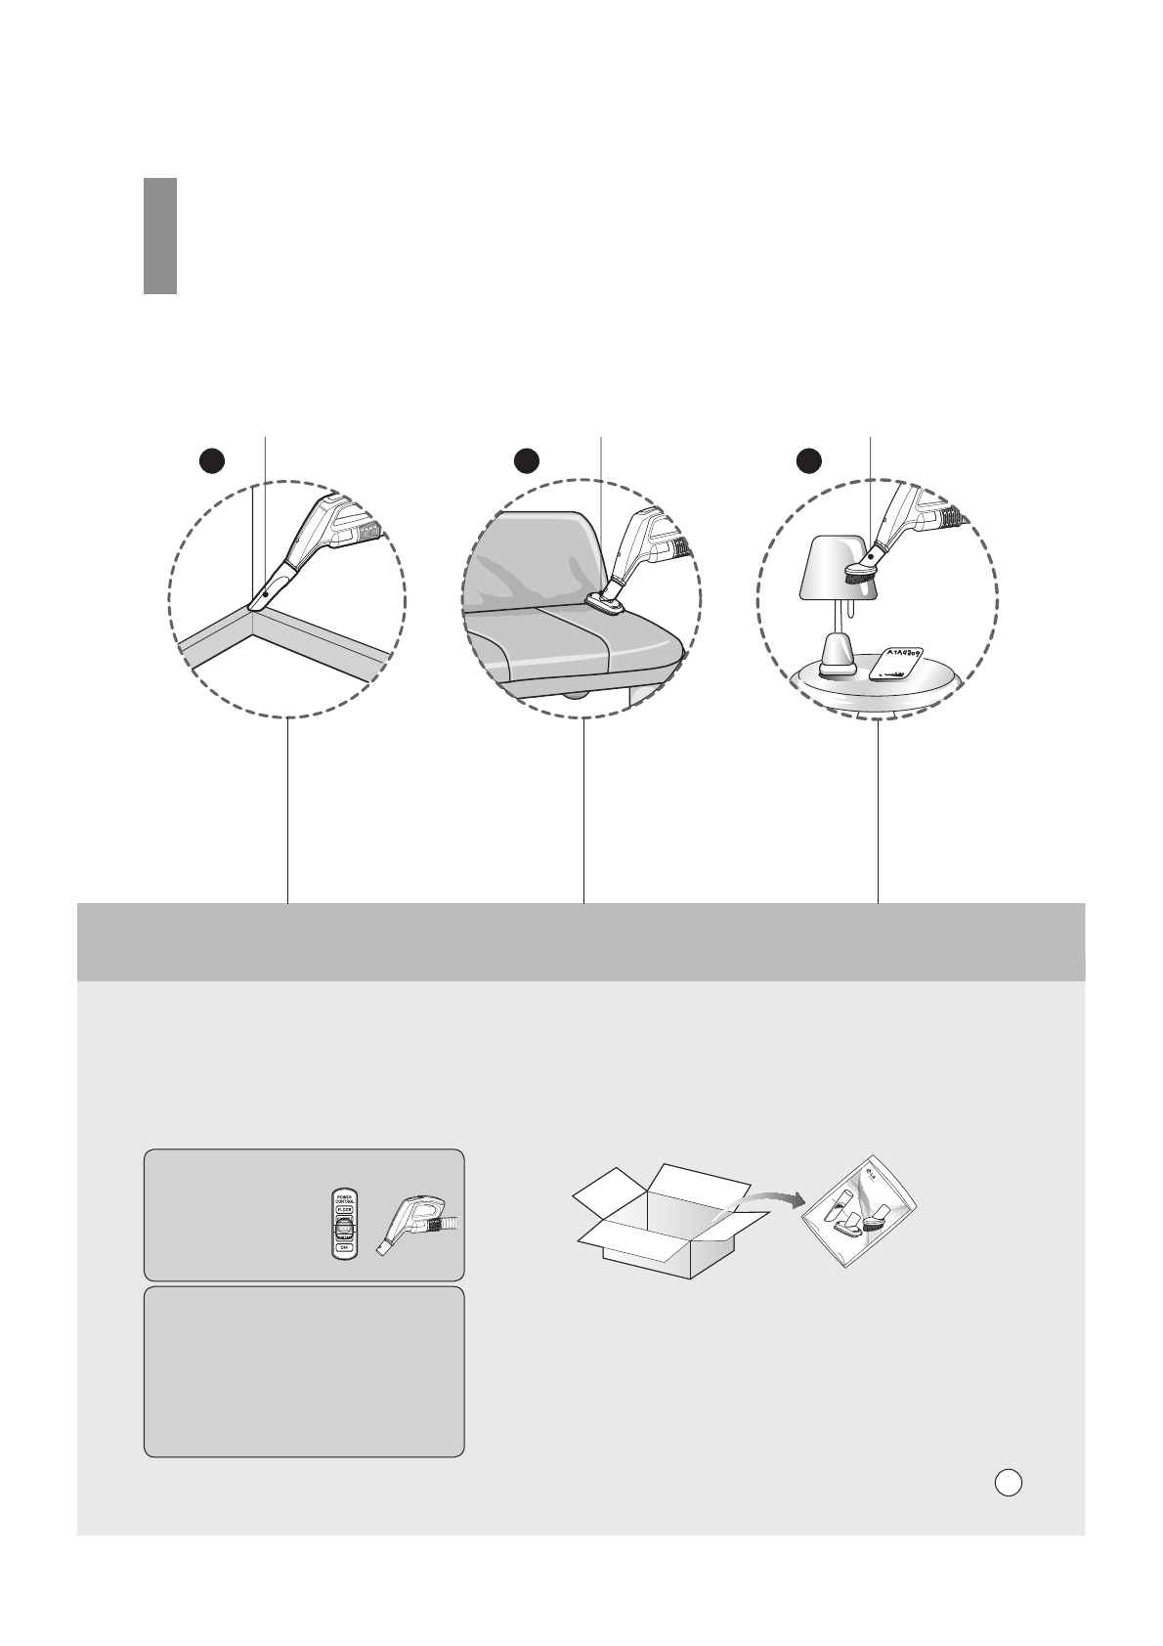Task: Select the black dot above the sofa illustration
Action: [x=527, y=460]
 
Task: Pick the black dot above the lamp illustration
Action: [x=807, y=459]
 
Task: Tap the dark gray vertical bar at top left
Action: [x=160, y=236]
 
